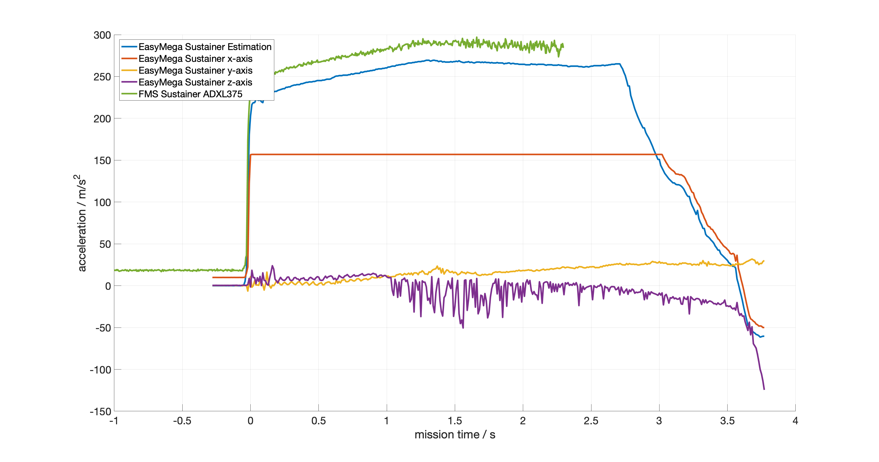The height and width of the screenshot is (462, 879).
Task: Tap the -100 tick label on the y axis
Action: click(100, 370)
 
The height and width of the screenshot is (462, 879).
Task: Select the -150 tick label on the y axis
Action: click(100, 411)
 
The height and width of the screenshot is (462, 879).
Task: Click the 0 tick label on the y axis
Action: click(108, 286)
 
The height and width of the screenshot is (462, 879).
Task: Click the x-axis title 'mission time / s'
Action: click(455, 435)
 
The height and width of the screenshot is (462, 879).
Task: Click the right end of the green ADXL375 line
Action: click(563, 47)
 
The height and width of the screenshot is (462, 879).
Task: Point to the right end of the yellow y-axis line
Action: click(764, 261)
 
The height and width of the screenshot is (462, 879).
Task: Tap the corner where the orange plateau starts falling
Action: click(662, 155)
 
